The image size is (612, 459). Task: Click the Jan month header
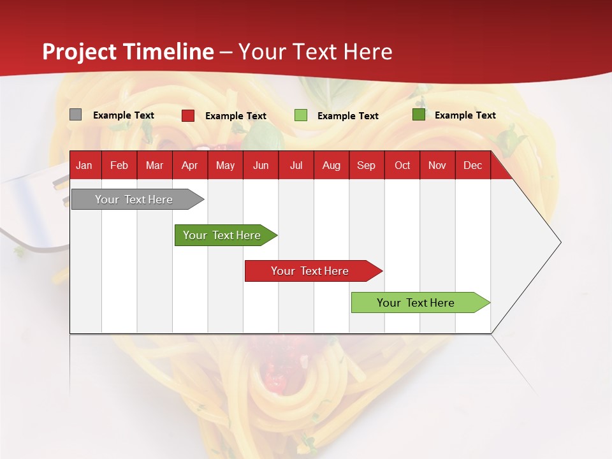click(84, 166)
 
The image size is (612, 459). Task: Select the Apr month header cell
click(189, 166)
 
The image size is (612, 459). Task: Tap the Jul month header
click(296, 166)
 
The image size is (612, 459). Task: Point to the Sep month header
click(366, 166)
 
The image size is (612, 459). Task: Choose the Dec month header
click(472, 166)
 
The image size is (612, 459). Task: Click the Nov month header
click(437, 166)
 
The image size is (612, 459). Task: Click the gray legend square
click(75, 115)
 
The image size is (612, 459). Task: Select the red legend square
click(187, 115)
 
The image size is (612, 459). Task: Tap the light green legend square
click(300, 115)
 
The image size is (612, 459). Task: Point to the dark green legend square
click(418, 115)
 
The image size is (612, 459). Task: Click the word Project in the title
click(80, 52)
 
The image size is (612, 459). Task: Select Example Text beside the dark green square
click(465, 115)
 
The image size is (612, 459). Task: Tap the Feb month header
click(119, 166)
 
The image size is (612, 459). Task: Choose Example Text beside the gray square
click(124, 115)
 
